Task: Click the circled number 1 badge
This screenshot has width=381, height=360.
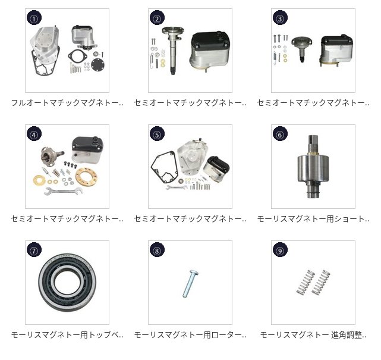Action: tap(34, 18)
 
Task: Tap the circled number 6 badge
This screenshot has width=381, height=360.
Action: tap(280, 134)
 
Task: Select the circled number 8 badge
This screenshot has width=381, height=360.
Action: tap(157, 250)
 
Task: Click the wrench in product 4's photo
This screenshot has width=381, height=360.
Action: tap(64, 191)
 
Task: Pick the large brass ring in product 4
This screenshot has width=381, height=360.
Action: tap(87, 176)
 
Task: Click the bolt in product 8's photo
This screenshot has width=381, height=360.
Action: tap(190, 283)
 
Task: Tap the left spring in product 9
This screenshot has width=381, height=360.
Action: tap(306, 282)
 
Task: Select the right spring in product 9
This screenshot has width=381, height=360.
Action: tap(321, 283)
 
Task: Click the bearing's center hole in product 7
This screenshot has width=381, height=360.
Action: tap(67, 282)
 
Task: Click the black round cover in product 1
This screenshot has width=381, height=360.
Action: tap(98, 64)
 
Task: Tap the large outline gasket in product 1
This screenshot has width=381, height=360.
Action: tap(43, 64)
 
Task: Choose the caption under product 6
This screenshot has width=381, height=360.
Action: tap(313, 219)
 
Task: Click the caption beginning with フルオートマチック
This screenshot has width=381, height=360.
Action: tap(67, 103)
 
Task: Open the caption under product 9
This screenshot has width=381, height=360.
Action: tap(313, 335)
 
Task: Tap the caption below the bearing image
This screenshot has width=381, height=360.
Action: tap(67, 335)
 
